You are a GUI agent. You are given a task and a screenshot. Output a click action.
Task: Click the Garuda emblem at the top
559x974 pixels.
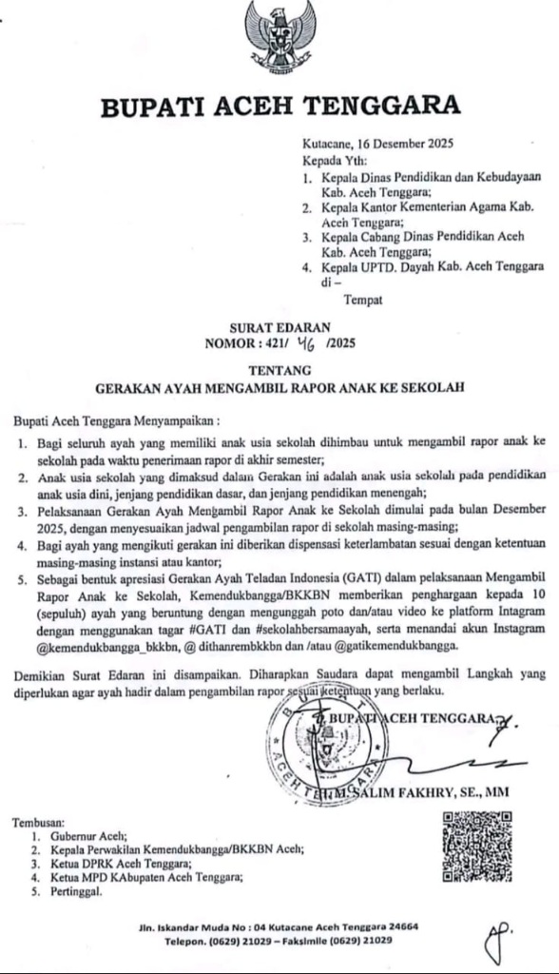tap(280, 37)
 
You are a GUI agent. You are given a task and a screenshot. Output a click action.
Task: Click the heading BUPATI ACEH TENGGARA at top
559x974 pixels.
tap(280, 107)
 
